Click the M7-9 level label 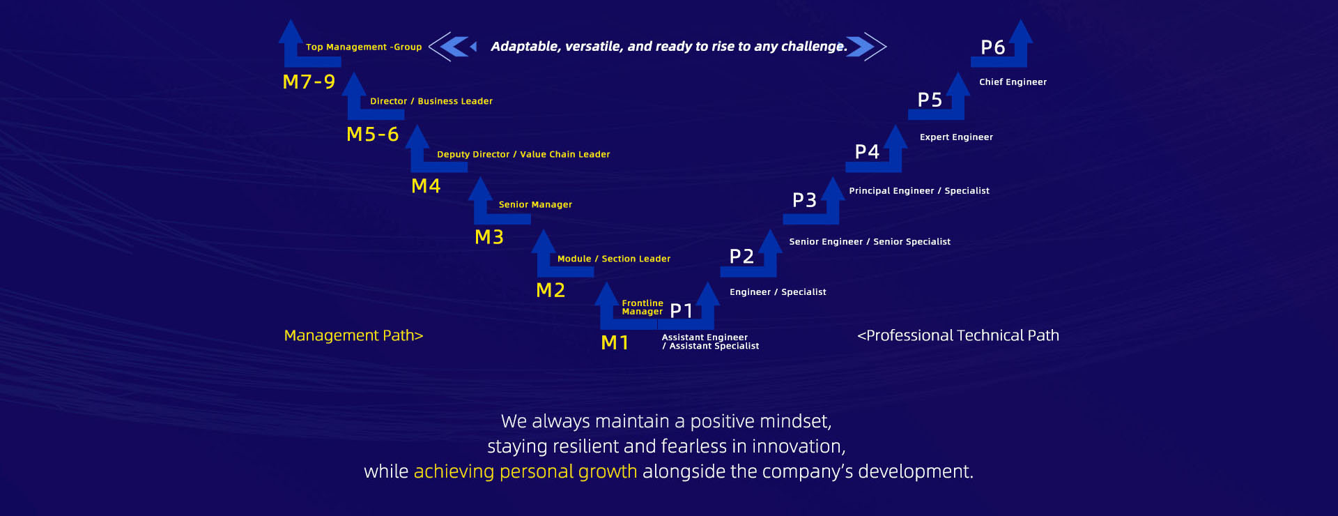click(x=309, y=82)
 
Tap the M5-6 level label click(x=373, y=134)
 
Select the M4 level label click(x=426, y=185)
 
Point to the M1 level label click(x=615, y=342)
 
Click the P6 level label click(x=992, y=47)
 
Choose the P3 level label click(x=804, y=200)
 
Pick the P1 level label click(x=682, y=310)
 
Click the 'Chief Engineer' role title click(x=1013, y=82)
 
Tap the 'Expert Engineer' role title click(x=956, y=137)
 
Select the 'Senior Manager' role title click(x=535, y=204)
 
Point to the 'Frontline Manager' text click(x=643, y=308)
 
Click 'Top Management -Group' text click(x=364, y=47)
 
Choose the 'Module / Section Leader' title click(x=614, y=259)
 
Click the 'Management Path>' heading click(x=353, y=335)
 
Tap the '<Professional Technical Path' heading click(x=958, y=335)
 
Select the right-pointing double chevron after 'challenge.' click(x=867, y=47)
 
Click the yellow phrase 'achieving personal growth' click(x=525, y=472)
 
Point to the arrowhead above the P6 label click(x=1021, y=32)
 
